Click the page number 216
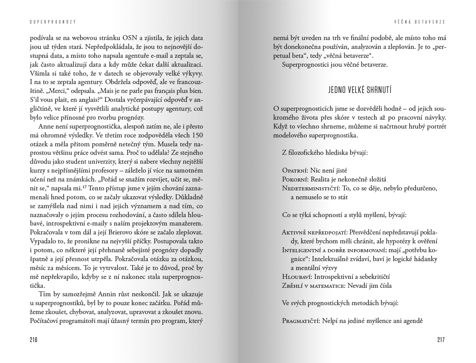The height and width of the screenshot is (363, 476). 33,340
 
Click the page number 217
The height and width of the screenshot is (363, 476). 441,340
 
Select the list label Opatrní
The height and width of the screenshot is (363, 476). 296,170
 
